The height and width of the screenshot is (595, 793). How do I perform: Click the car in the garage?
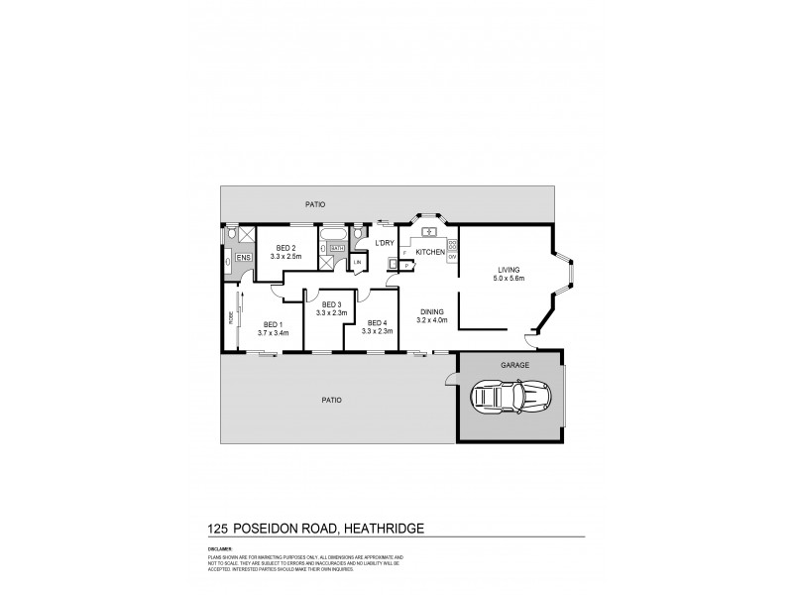[x=509, y=400]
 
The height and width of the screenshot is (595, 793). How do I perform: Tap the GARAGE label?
[x=514, y=365]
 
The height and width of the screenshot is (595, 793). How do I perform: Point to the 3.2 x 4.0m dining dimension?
[x=432, y=320]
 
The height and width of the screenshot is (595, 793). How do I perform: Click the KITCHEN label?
[x=428, y=253]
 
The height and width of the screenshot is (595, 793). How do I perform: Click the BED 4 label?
[x=377, y=322]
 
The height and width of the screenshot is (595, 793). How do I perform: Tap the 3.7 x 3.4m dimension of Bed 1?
[x=273, y=332]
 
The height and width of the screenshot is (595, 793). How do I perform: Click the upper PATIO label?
[x=315, y=204]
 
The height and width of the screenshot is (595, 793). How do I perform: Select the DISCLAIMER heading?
[x=221, y=546]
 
